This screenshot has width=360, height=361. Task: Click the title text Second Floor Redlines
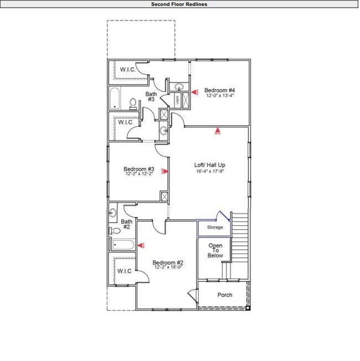point(179,4)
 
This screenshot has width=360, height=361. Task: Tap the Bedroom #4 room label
point(220,90)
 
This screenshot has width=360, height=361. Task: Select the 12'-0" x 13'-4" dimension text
point(220,96)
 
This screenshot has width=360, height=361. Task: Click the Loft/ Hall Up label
point(209,165)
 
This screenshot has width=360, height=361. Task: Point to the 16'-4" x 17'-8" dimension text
point(209,171)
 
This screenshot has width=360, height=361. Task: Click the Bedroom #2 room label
point(168,262)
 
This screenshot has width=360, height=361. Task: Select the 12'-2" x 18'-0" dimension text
point(168,267)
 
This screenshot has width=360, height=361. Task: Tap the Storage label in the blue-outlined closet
point(215,228)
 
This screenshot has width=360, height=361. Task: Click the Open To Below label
point(215,250)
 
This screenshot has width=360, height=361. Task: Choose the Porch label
point(225,295)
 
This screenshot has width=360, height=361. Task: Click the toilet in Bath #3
point(133,103)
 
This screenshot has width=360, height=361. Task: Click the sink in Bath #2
point(112,213)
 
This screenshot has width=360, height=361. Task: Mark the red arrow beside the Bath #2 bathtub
point(140,245)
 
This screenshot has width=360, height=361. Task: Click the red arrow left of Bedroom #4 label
point(194,91)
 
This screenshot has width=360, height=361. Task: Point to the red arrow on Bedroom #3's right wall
point(164,171)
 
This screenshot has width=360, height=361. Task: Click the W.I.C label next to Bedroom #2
point(124,271)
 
